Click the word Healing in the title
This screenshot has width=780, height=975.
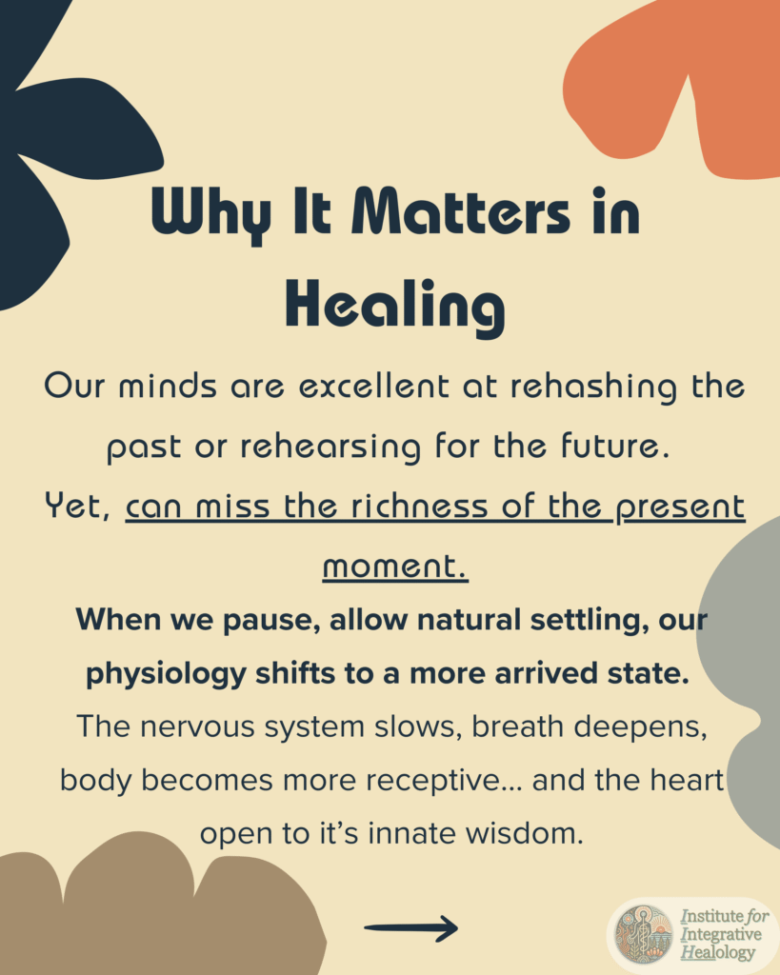point(394,308)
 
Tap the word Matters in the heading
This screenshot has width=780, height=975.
point(460,212)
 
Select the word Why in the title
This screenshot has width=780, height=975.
point(211,215)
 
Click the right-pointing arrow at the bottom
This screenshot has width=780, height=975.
point(411,928)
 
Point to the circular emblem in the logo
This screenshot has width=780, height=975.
point(644,935)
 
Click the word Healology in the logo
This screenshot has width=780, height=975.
point(718,952)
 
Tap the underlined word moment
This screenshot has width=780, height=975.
point(395,567)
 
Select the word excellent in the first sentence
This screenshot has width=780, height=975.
point(374,387)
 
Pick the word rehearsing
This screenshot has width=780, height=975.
point(330,448)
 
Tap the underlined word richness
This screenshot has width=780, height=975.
point(419,507)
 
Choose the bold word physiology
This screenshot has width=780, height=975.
point(166,675)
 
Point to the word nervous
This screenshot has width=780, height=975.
point(197,726)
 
